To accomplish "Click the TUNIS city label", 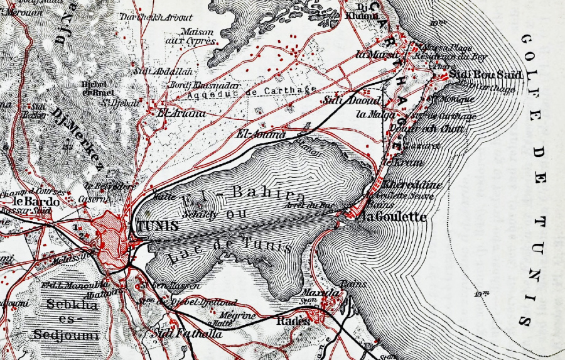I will (x=154, y=226).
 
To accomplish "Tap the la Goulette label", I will (x=395, y=217).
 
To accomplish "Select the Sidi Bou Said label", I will (x=477, y=75).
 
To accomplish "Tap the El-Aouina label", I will (x=260, y=134).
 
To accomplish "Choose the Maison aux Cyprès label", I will (x=198, y=36).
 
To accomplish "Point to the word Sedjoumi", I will (x=65, y=335).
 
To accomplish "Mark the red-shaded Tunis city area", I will (x=112, y=236).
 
